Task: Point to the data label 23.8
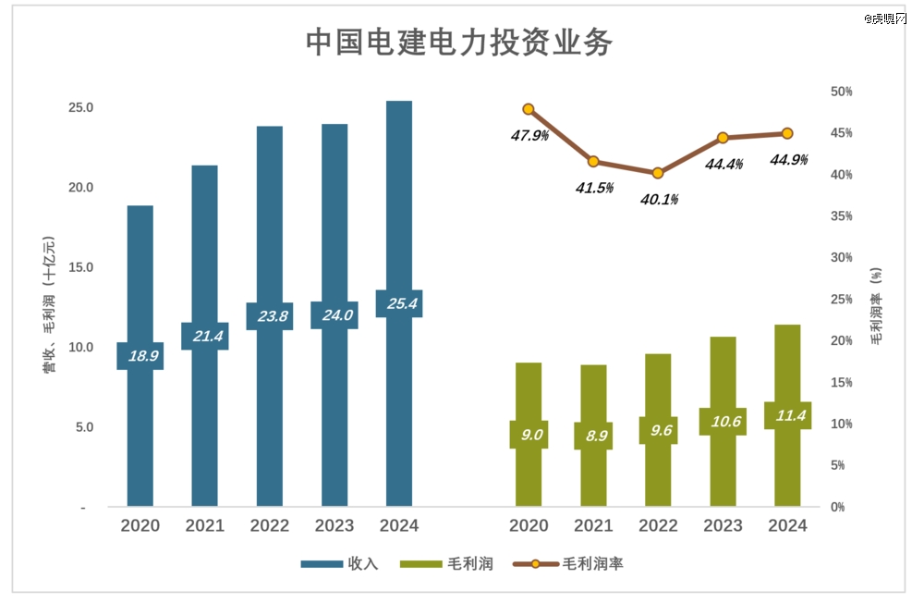(270, 316)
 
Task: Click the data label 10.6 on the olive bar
(723, 422)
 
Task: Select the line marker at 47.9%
(529, 109)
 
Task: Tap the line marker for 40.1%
(658, 173)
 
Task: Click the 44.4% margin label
(723, 164)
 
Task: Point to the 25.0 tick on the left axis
(81, 108)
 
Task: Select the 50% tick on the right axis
(841, 92)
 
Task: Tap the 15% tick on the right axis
(841, 382)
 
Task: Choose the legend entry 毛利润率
(592, 563)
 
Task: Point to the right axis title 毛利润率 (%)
(875, 305)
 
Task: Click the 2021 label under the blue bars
(205, 526)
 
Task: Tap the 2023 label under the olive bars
(723, 526)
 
